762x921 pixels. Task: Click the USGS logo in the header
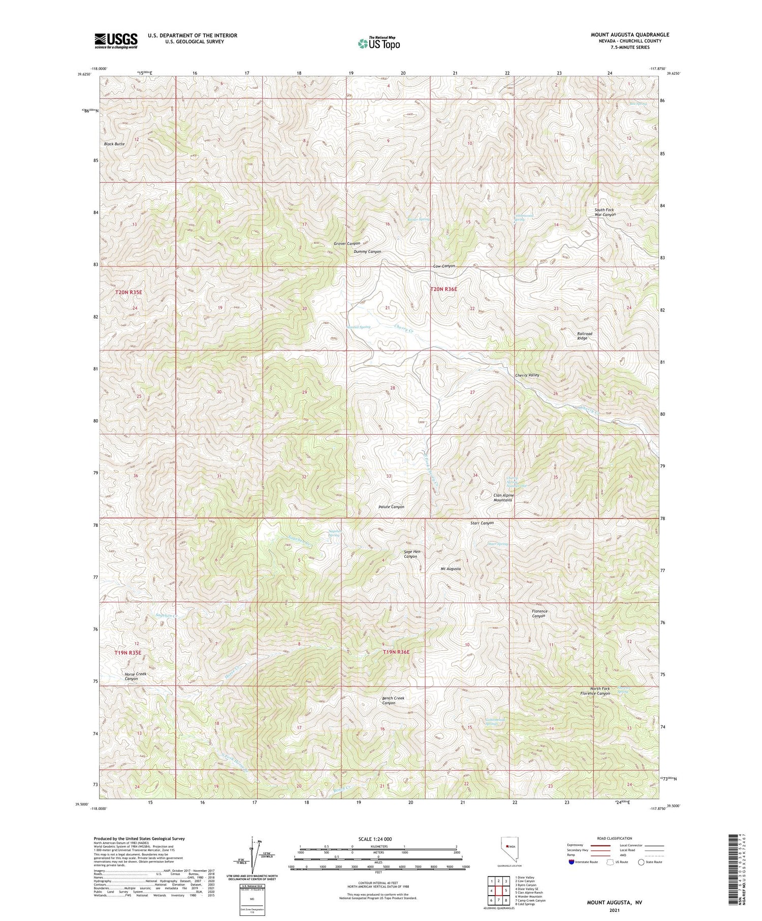(116, 40)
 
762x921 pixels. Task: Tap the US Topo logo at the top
(378, 43)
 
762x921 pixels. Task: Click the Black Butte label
(114, 144)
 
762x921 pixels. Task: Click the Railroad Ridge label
(585, 336)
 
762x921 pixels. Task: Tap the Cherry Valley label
(527, 375)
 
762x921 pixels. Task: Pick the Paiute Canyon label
(392, 506)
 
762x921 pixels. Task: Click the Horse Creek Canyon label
(132, 676)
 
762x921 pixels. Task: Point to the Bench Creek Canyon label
(393, 701)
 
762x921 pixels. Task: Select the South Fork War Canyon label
(605, 212)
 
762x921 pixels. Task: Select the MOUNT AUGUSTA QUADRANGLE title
(629, 35)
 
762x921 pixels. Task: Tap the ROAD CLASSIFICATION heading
(614, 838)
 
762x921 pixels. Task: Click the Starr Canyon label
(482, 523)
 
